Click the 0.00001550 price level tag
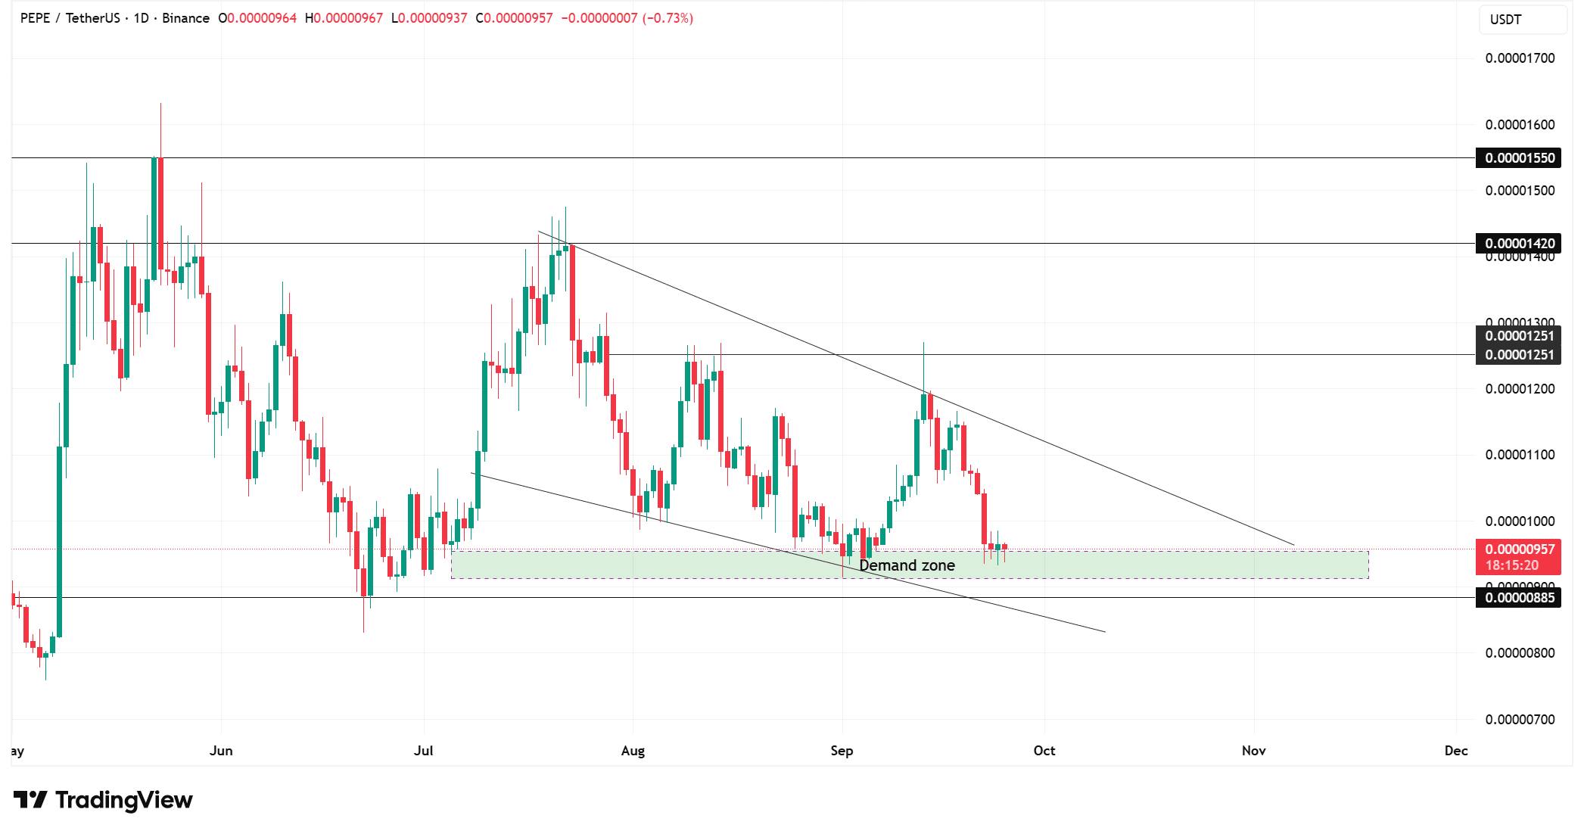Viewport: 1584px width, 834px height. (1519, 158)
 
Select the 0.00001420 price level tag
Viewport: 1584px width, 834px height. (1519, 243)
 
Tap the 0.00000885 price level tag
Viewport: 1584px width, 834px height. (1519, 598)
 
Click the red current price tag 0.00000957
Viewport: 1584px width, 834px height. (1519, 550)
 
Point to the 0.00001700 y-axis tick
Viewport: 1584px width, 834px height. (1520, 58)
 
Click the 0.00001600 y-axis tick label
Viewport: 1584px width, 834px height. (1520, 125)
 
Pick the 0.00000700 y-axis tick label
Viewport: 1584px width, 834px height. (1520, 720)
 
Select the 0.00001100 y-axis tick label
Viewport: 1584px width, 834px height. (1520, 455)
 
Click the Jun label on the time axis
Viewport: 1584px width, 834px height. (221, 751)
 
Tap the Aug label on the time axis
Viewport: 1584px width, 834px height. (633, 751)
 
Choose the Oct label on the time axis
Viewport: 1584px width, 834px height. (1044, 751)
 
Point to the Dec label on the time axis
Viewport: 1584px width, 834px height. (1456, 751)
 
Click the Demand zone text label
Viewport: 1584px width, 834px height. (907, 565)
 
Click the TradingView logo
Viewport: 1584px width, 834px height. (104, 800)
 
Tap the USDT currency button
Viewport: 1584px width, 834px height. (1505, 20)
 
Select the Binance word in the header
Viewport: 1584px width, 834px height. (185, 18)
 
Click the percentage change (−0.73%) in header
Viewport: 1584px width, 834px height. (668, 18)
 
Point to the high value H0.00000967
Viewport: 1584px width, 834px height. (344, 18)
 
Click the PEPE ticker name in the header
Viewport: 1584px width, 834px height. (35, 18)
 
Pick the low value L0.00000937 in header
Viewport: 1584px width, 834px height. (429, 18)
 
